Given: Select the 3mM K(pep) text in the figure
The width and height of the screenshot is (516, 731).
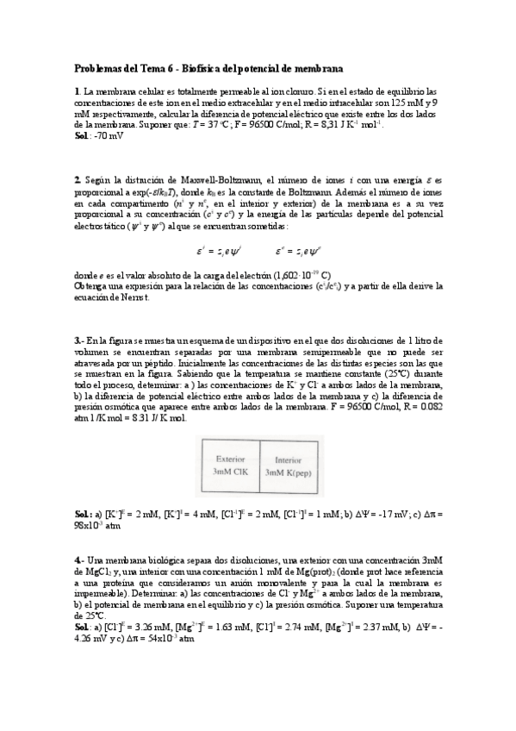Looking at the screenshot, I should coord(293,472).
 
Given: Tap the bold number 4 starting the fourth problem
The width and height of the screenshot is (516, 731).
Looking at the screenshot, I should coord(78,559).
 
